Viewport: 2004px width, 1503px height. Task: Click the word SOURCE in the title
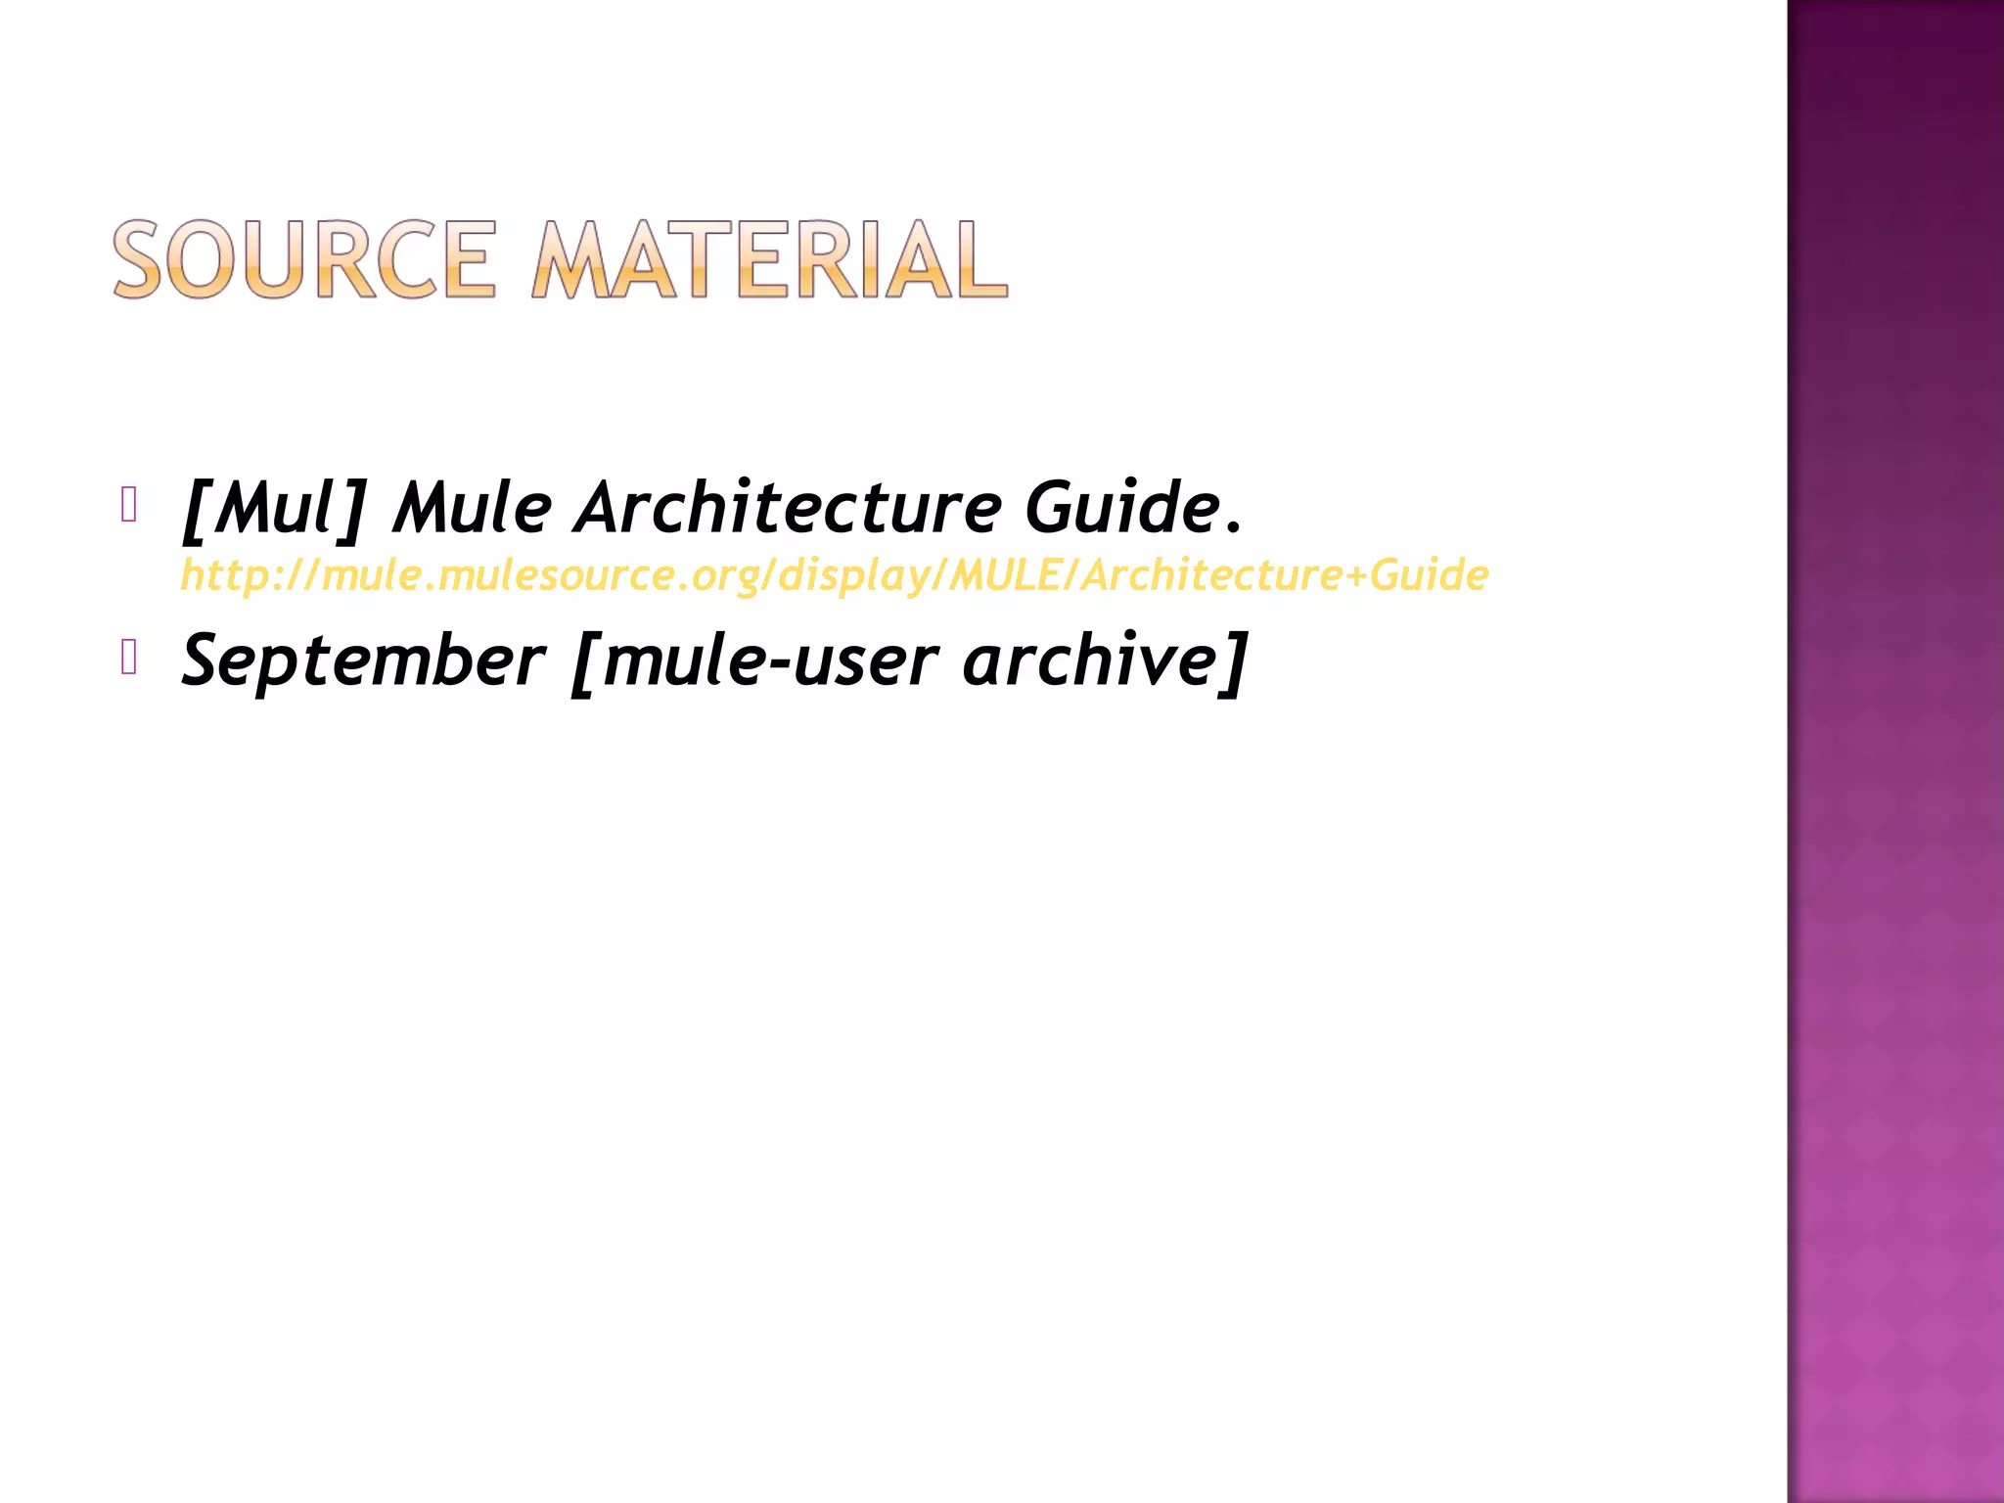pyautogui.click(x=304, y=259)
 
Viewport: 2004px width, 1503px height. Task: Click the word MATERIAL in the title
pyautogui.click(x=769, y=259)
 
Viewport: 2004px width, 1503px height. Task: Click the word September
pyautogui.click(x=363, y=661)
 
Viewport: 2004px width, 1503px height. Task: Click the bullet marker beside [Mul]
pyautogui.click(x=128, y=505)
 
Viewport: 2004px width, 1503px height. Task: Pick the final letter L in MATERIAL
pyautogui.click(x=982, y=259)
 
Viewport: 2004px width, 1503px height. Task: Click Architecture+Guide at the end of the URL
pyautogui.click(x=1286, y=575)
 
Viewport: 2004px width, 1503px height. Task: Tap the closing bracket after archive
pyautogui.click(x=1236, y=661)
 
